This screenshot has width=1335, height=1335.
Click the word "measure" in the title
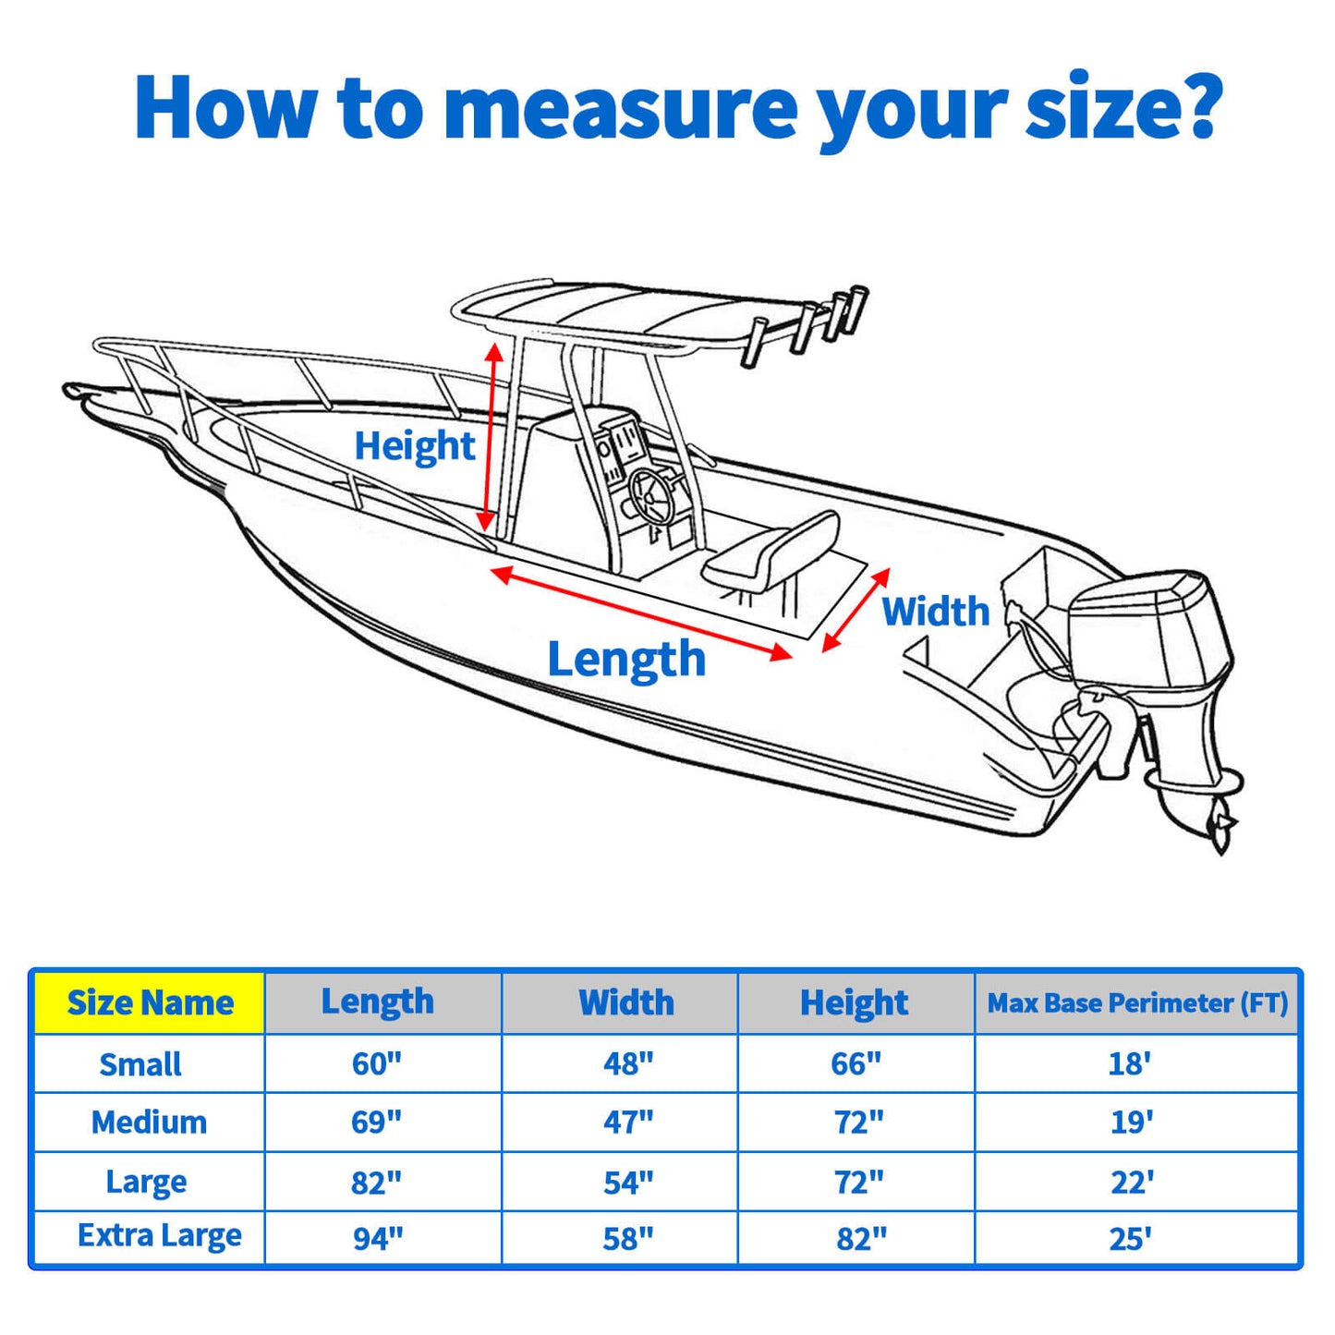pos(620,109)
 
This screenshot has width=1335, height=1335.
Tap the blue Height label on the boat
pos(414,446)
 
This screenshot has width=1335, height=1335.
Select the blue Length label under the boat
pos(626,660)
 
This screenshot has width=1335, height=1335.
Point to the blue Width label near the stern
pos(935,612)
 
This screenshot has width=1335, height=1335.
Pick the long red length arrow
pos(641,613)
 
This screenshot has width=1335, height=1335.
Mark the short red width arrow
pos(856,610)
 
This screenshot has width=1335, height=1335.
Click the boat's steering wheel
pos(654,492)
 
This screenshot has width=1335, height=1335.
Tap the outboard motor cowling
pos(1150,628)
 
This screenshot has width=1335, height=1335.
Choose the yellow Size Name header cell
pos(150,1002)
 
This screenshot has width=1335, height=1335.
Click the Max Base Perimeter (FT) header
pos(1137,1002)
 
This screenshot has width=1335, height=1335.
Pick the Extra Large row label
pos(159,1236)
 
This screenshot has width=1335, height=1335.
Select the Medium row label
pos(149,1122)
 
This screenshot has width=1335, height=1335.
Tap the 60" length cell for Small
pos(377,1063)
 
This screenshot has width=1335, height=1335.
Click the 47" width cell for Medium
pos(628,1122)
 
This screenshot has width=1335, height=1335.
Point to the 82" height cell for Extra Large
pos(861,1238)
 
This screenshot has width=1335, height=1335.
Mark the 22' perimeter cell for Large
pos(1132,1182)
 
